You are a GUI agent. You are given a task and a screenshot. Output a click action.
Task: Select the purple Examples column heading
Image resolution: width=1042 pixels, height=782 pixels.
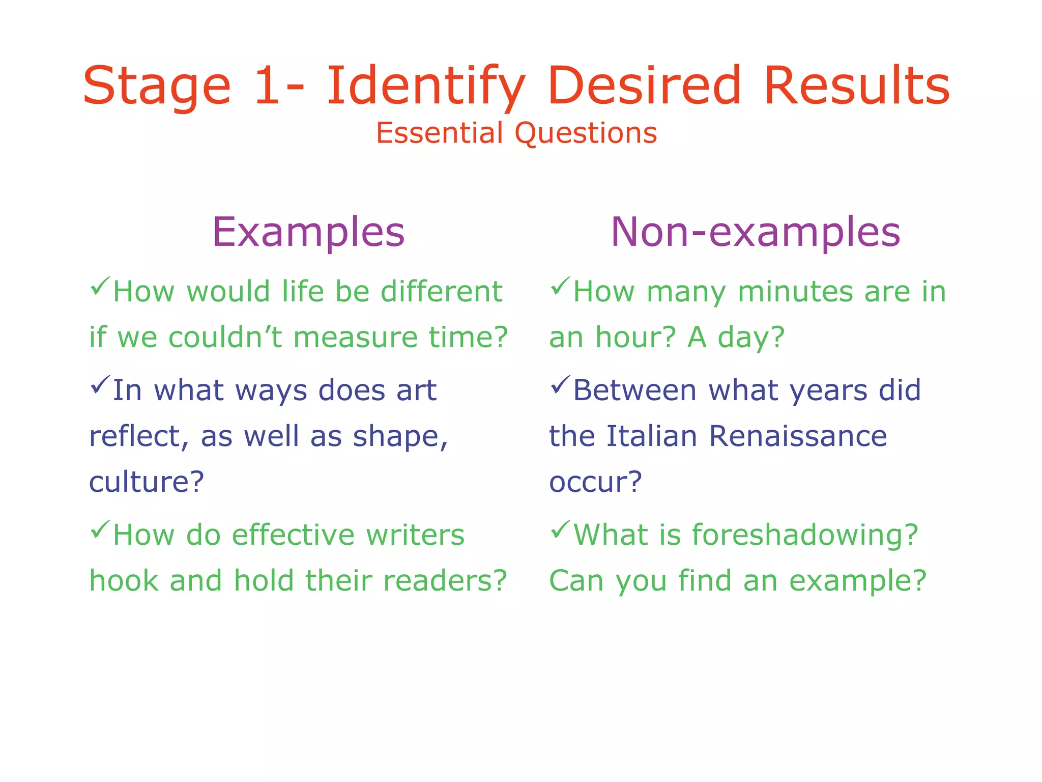(308, 232)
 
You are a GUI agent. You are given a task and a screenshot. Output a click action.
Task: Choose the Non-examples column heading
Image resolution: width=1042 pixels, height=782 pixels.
(755, 232)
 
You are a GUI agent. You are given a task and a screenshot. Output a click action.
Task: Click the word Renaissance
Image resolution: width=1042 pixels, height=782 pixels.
(797, 436)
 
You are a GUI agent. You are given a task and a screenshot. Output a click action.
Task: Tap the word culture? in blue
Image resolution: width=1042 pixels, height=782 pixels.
(147, 482)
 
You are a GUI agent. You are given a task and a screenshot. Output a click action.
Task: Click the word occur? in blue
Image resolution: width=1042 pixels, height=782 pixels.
(595, 482)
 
